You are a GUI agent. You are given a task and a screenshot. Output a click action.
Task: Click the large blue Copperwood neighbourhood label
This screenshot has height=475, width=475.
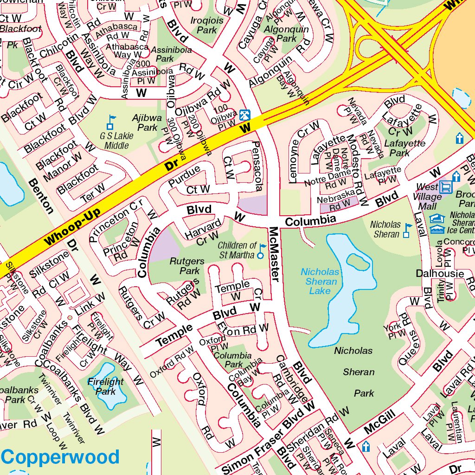(x=60, y=457)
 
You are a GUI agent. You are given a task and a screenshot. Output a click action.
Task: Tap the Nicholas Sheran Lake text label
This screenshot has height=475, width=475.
(x=320, y=281)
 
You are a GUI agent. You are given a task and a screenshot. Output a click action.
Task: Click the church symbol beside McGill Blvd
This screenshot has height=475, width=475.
(x=366, y=447)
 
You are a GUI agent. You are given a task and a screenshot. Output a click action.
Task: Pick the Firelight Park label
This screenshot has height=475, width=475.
(x=106, y=386)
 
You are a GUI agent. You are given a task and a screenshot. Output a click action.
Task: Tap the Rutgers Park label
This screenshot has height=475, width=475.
(x=184, y=266)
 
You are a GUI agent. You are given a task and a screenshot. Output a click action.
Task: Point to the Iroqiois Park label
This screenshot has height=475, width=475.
(x=207, y=25)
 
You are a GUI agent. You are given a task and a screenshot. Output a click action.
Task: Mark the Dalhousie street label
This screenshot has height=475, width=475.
(x=439, y=274)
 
